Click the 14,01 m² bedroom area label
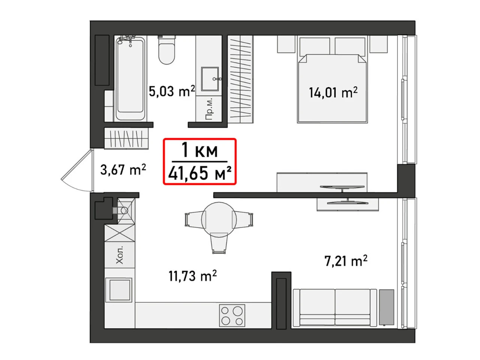pyautogui.click(x=333, y=93)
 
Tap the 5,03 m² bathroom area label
pyautogui.click(x=172, y=91)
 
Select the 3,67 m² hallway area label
pyautogui.click(x=123, y=169)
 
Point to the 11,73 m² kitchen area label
pyautogui.click(x=192, y=276)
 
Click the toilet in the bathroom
pyautogui.click(x=166, y=49)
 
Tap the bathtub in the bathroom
pyautogui.click(x=130, y=78)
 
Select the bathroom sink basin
pyautogui.click(x=210, y=79)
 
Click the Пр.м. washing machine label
pyautogui.click(x=209, y=108)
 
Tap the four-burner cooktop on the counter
pyautogui.click(x=232, y=316)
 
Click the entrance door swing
pyautogui.click(x=77, y=171)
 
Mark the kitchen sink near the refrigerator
pyautogui.click(x=119, y=290)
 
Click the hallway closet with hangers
pyautogui.click(x=126, y=139)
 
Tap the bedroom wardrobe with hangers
pyautogui.click(x=240, y=79)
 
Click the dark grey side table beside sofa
pyautogui.click(x=386, y=307)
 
